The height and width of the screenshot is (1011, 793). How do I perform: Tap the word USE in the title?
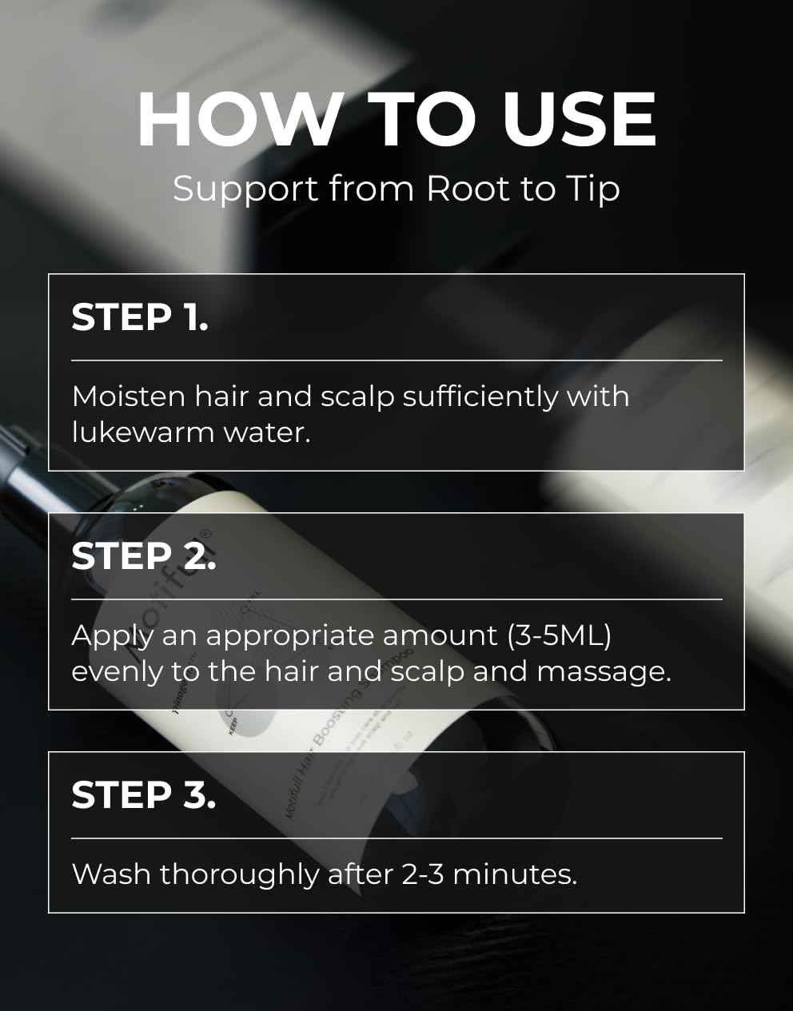tap(579, 120)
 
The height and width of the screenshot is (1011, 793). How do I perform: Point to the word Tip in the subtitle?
tap(592, 189)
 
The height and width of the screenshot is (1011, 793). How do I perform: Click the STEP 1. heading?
tap(140, 317)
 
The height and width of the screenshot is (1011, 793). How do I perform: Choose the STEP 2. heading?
tap(144, 556)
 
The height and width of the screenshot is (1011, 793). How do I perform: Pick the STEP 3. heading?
tap(144, 795)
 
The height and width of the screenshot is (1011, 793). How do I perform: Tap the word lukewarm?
tap(142, 432)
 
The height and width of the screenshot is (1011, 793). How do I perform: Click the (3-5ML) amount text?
tap(559, 635)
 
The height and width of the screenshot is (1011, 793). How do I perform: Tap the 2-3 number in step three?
tap(422, 874)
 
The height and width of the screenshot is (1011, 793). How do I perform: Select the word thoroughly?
tap(239, 875)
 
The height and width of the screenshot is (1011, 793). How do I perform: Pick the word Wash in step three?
tap(111, 874)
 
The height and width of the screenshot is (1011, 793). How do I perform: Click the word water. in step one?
tap(266, 432)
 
